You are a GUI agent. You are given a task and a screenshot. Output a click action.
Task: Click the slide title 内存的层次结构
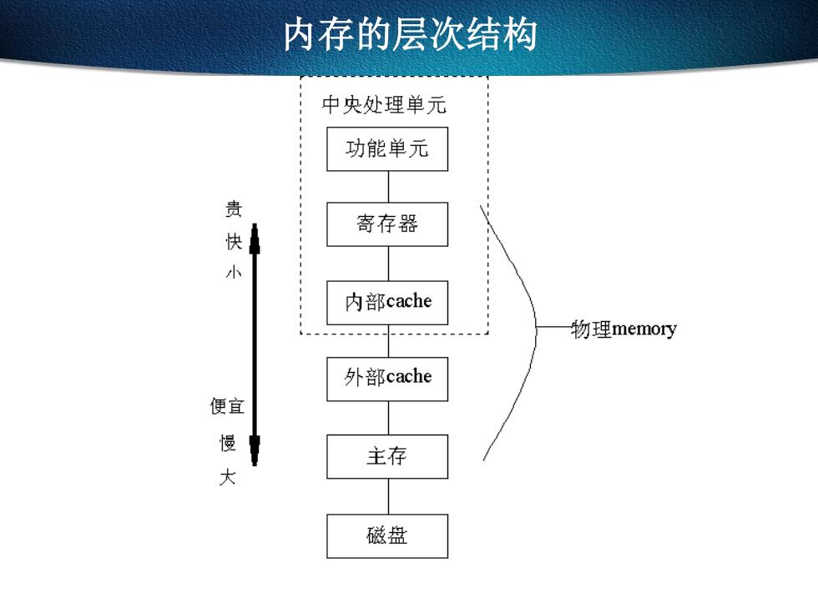click(410, 34)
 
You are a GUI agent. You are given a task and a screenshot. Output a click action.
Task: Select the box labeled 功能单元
click(387, 149)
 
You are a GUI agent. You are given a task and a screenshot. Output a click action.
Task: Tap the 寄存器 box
click(387, 224)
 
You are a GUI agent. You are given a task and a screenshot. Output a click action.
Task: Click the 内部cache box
click(387, 303)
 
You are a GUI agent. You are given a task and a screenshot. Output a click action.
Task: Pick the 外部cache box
click(387, 379)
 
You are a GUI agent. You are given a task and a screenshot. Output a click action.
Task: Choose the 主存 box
click(387, 457)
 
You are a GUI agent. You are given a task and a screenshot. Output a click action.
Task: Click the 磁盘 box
click(387, 535)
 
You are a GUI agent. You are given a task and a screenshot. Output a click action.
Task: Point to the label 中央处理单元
click(384, 104)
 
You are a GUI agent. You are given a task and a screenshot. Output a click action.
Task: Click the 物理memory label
click(624, 329)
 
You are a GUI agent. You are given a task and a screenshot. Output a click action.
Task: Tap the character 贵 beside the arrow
click(234, 209)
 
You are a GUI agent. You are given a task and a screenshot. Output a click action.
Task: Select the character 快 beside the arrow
click(234, 241)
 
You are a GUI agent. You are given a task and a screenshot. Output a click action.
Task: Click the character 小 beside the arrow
click(233, 272)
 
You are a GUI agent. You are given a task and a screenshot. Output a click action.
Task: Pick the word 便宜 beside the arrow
click(227, 406)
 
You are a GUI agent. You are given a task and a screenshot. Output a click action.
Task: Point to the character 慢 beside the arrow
click(227, 443)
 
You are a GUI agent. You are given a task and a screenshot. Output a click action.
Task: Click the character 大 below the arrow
click(227, 476)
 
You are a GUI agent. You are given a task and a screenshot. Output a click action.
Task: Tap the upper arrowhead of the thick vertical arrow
click(255, 239)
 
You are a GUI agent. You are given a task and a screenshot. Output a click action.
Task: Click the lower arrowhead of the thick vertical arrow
click(255, 450)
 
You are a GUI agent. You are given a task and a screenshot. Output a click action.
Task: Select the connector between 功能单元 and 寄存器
click(388, 187)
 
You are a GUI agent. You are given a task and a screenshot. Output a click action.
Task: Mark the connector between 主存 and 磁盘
click(388, 496)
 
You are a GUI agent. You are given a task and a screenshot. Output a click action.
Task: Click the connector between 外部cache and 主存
click(388, 418)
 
